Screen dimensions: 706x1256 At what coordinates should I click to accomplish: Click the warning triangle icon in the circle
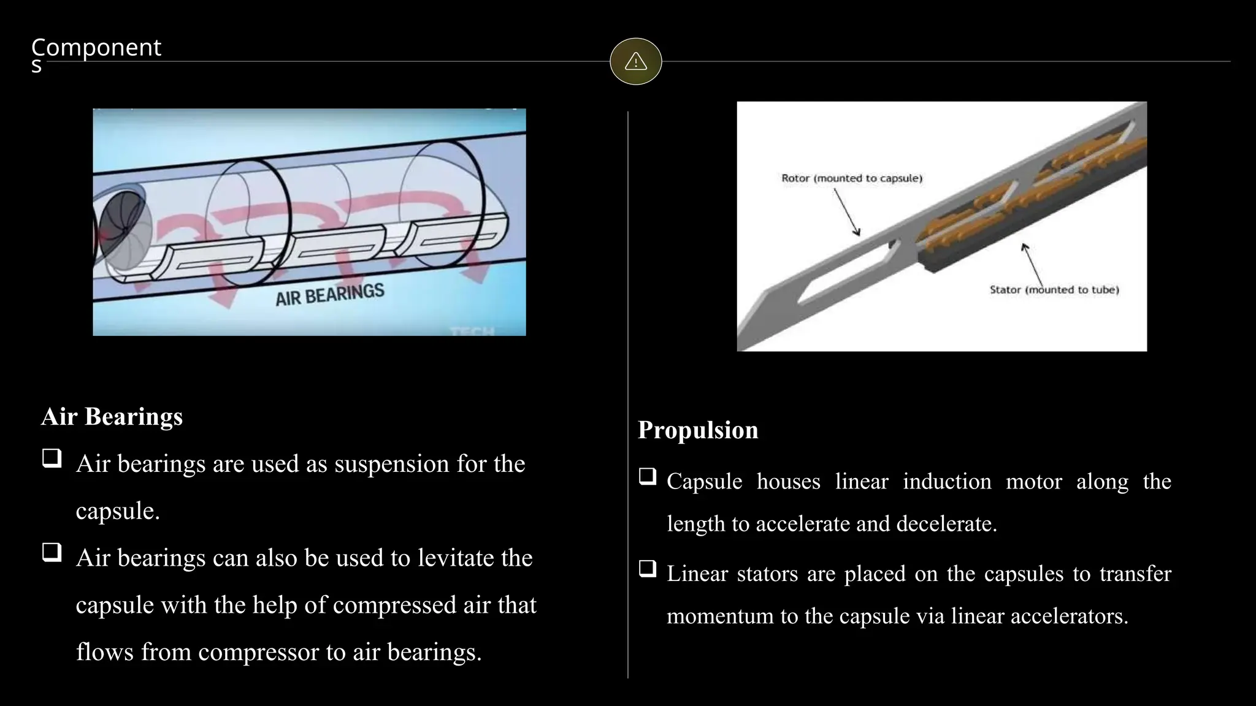(635, 61)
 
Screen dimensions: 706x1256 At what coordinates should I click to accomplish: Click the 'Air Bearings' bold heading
(112, 417)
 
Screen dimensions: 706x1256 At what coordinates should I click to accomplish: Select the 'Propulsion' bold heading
(698, 430)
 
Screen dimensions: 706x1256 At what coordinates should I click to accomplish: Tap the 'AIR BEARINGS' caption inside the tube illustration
(330, 294)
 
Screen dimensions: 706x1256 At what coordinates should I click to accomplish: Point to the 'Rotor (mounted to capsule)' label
(851, 178)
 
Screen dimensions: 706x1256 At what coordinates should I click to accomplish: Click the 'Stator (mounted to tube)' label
(1054, 290)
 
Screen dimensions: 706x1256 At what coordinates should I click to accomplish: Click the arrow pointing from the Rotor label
(847, 211)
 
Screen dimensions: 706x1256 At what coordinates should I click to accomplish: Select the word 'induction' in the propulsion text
(947, 482)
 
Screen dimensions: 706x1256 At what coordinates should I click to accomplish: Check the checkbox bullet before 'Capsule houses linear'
(648, 476)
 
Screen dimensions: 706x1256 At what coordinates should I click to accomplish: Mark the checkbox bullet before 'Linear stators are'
(648, 569)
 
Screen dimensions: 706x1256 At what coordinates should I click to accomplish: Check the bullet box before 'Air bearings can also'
(52, 552)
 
